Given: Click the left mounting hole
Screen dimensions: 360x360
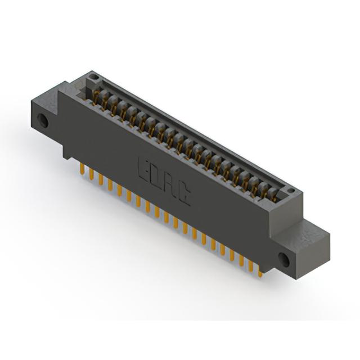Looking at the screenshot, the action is click(x=43, y=121).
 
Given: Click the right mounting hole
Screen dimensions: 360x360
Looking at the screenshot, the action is click(x=283, y=260).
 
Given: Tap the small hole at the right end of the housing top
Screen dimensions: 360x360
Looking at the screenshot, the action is click(x=291, y=190).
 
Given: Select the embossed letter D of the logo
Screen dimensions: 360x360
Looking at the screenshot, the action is click(x=157, y=178).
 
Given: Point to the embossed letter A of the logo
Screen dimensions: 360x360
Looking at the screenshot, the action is click(x=170, y=186).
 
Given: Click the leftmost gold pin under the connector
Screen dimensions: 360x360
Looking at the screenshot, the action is click(x=82, y=169).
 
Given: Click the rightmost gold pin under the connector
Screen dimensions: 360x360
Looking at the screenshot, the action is click(x=260, y=273).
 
